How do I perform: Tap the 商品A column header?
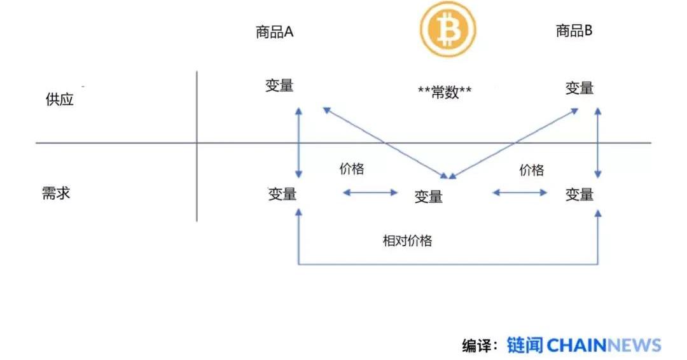[x=275, y=32]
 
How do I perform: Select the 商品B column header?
[x=574, y=31]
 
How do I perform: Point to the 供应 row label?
[x=60, y=100]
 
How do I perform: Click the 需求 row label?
[x=56, y=193]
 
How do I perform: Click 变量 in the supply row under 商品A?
[x=280, y=86]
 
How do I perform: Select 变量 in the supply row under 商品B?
[x=579, y=88]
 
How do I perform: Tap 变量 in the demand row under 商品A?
[x=282, y=194]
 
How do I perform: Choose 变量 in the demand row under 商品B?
[x=579, y=194]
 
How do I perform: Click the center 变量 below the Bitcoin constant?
[x=429, y=197]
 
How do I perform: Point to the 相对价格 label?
[x=407, y=240]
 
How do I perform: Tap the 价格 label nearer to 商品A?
[x=352, y=169]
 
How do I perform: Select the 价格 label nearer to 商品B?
[x=532, y=170]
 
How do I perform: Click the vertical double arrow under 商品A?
[x=299, y=142]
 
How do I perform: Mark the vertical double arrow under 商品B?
[x=597, y=142]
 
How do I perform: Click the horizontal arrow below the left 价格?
[x=370, y=192]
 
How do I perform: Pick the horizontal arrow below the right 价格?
[x=520, y=192]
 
